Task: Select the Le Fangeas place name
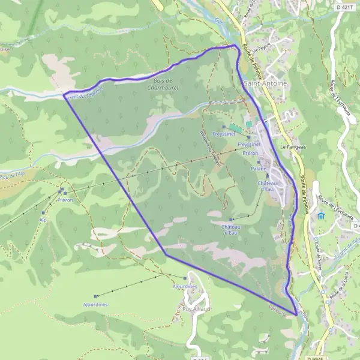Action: coord(293,146)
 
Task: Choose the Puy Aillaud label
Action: coord(196,308)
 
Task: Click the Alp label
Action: coord(43,220)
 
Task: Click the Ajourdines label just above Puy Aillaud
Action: coord(184,286)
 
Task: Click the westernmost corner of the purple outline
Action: coord(64,94)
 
